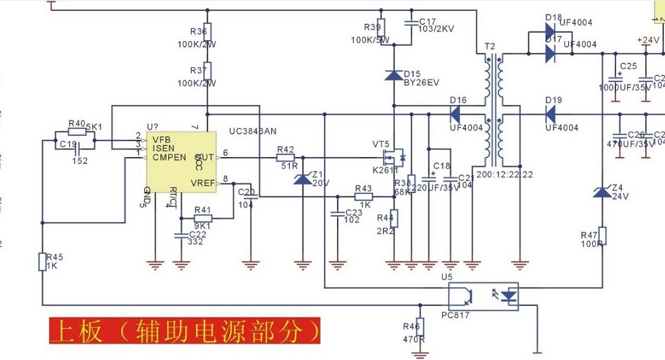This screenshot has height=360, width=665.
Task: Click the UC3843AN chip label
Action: click(253, 131)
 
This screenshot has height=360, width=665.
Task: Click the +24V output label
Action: click(648, 40)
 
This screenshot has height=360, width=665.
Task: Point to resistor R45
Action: click(42, 261)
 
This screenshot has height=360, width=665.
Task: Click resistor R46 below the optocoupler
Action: click(420, 327)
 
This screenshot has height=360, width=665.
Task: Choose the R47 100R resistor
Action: click(602, 235)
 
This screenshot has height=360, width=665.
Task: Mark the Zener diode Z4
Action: click(602, 192)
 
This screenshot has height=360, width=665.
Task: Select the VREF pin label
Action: click(203, 184)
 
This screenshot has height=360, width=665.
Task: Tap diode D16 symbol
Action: click(455, 115)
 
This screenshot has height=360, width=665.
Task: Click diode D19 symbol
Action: click(550, 115)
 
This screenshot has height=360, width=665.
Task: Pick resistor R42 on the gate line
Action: click(285, 157)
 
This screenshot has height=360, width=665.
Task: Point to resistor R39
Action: click(380, 28)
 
